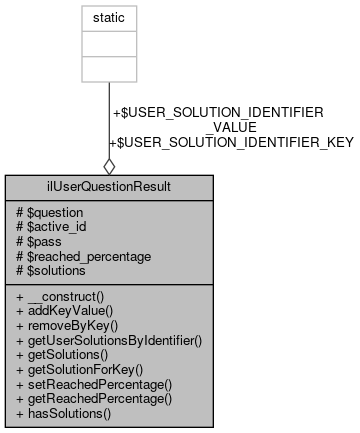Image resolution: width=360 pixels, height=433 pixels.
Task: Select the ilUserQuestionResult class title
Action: (x=109, y=187)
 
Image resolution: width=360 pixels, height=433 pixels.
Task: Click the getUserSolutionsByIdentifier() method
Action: (x=110, y=341)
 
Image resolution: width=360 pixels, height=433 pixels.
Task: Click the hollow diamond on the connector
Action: (x=109, y=165)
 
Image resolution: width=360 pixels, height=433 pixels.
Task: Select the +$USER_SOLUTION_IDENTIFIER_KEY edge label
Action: (x=231, y=142)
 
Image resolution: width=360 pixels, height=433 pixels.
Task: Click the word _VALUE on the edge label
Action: (x=231, y=127)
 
